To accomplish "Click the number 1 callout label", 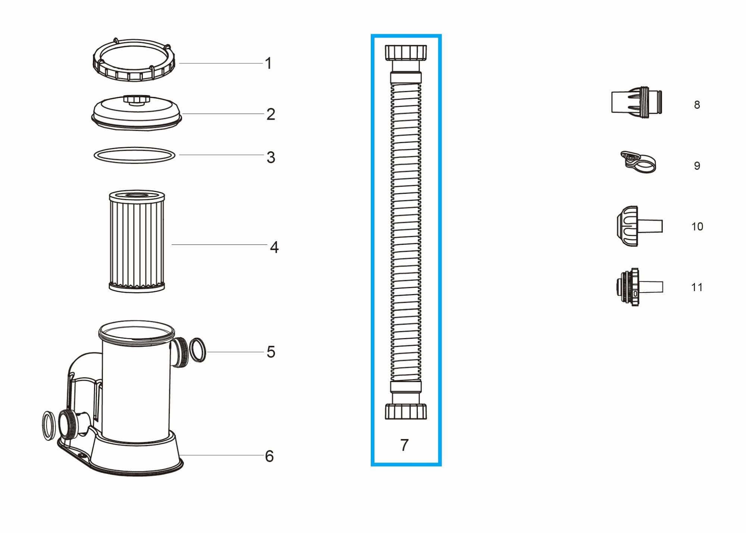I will click(268, 63).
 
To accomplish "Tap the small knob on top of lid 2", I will click(137, 100).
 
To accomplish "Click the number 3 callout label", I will click(271, 157).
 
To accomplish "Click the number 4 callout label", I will click(274, 247).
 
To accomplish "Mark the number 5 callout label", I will click(271, 352).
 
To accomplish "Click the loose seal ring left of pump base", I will click(48, 425).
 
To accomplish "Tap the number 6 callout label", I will click(269, 456).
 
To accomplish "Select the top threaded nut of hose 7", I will click(405, 53).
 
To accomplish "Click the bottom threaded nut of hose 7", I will click(405, 411).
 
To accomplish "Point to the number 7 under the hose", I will click(404, 445).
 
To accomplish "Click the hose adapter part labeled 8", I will click(636, 102).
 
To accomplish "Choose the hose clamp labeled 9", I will click(638, 162).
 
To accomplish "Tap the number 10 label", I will click(697, 227).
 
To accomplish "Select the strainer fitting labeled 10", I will click(636, 226).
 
